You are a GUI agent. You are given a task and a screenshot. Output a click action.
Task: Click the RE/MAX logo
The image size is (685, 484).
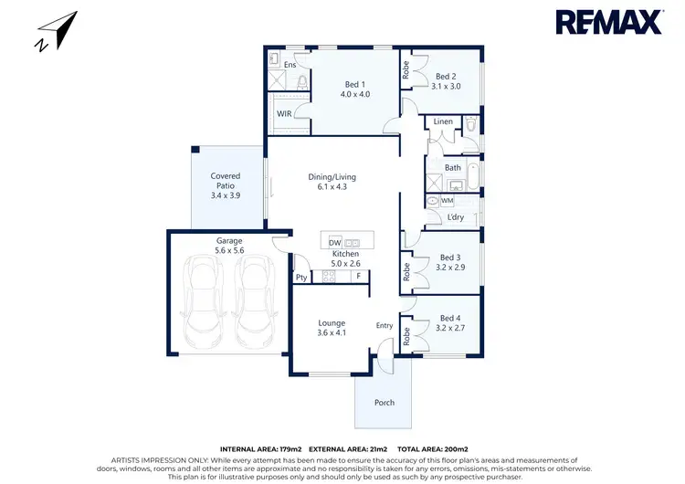click(608, 23)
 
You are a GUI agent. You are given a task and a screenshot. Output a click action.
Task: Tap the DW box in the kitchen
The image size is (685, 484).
click(334, 242)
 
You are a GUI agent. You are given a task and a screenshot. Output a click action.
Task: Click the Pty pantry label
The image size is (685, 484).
click(300, 278)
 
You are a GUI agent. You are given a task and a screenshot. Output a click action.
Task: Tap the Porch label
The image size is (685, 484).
click(385, 403)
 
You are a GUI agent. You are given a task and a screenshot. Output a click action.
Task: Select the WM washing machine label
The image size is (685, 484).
click(448, 200)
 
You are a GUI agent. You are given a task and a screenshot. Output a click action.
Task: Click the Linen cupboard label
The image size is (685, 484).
click(443, 121)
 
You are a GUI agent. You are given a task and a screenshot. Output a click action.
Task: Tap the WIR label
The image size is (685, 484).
click(285, 114)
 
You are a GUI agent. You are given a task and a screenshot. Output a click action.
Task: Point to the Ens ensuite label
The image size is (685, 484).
click(290, 66)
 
